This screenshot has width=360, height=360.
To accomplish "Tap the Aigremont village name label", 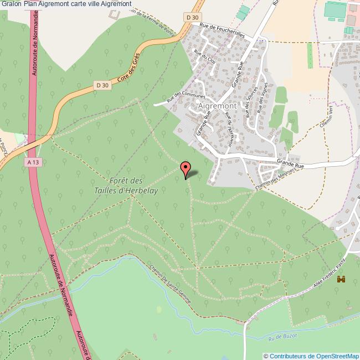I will (x=217, y=105).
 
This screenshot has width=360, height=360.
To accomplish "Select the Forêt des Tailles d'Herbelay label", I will (x=127, y=186).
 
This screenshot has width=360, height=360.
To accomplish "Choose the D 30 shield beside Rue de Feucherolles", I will (x=192, y=18).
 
